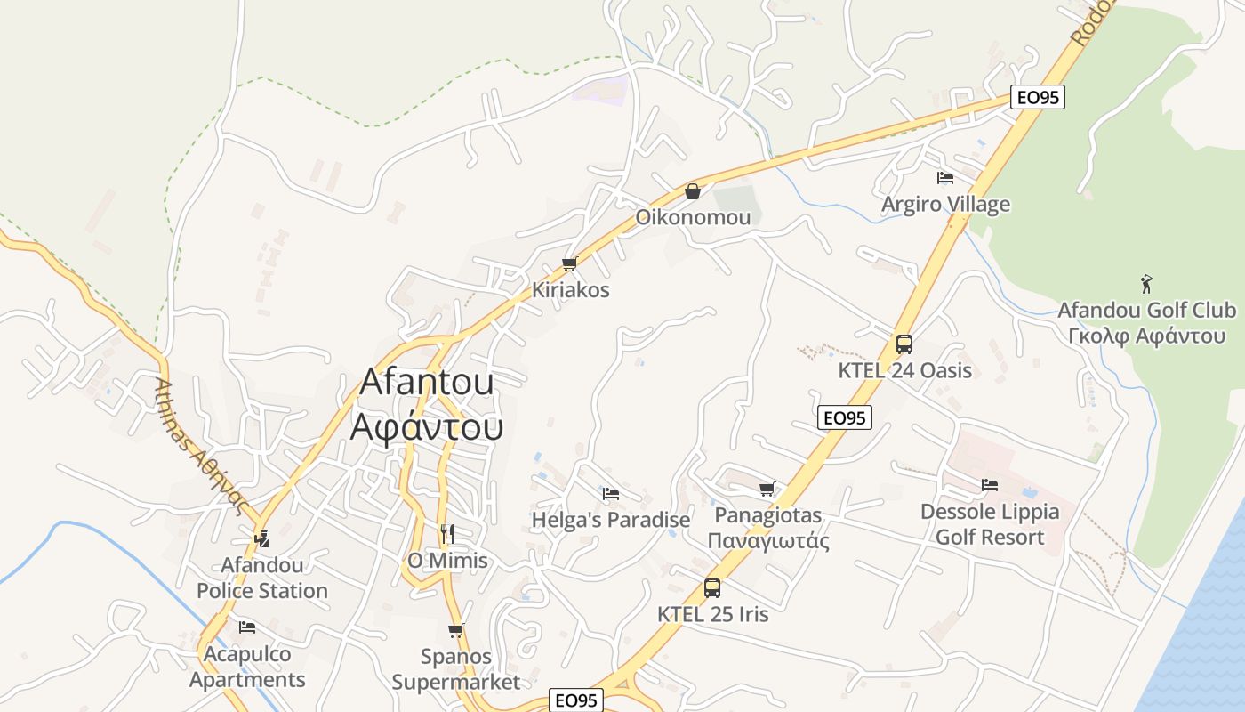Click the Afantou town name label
point(427,404)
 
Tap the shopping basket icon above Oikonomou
point(693,191)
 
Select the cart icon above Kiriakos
point(570,264)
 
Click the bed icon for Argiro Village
point(945,179)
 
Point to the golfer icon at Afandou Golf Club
point(1146,285)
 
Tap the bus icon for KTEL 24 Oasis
point(904,344)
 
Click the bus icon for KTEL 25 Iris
point(712,588)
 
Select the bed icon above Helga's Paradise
point(611,494)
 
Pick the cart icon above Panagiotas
point(767,489)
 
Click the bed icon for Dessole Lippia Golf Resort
point(990,485)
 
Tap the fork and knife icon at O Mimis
point(447,534)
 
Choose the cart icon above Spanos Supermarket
point(456,631)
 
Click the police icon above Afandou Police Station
point(261,538)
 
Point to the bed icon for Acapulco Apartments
point(247,627)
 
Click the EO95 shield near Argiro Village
point(1038,98)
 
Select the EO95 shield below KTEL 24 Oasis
point(845,417)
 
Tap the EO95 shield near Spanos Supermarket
point(576,700)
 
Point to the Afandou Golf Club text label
point(1146,323)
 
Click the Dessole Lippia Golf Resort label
point(990,524)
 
